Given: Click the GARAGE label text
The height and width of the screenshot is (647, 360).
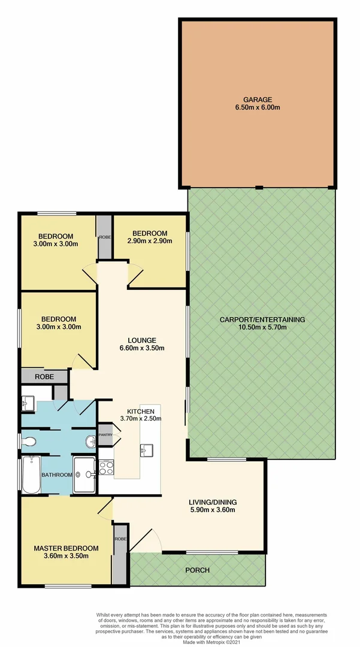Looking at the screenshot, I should pyautogui.click(x=258, y=99).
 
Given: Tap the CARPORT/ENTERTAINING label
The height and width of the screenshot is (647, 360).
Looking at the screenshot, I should pyautogui.click(x=262, y=319).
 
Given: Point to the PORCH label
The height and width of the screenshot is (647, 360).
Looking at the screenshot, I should pyautogui.click(x=198, y=570).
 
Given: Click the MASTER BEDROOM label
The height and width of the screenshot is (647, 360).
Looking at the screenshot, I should pyautogui.click(x=66, y=548).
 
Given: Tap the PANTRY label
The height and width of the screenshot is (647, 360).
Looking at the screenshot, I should pyautogui.click(x=106, y=434).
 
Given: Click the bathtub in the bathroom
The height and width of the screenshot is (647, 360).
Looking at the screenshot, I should pyautogui.click(x=30, y=474).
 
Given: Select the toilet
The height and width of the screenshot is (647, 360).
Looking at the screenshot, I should pyautogui.click(x=28, y=442).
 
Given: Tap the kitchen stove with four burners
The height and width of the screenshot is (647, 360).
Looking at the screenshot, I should pyautogui.click(x=106, y=467).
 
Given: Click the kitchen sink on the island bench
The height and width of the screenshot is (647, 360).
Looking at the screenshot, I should pyautogui.click(x=147, y=449).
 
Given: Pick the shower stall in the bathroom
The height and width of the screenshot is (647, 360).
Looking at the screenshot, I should pyautogui.click(x=86, y=475).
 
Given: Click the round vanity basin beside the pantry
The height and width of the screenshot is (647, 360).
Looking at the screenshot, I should pyautogui.click(x=90, y=442).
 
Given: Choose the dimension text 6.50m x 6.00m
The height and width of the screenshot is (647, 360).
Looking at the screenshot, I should pyautogui.click(x=258, y=108).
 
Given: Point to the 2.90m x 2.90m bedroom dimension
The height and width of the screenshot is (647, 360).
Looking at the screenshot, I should pyautogui.click(x=150, y=241).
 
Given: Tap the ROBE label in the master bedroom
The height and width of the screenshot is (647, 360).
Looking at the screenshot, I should pyautogui.click(x=120, y=539).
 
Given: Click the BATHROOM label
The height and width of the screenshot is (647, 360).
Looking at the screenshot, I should pyautogui.click(x=56, y=475).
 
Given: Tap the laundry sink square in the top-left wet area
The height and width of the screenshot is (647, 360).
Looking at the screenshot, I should pyautogui.click(x=28, y=402).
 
